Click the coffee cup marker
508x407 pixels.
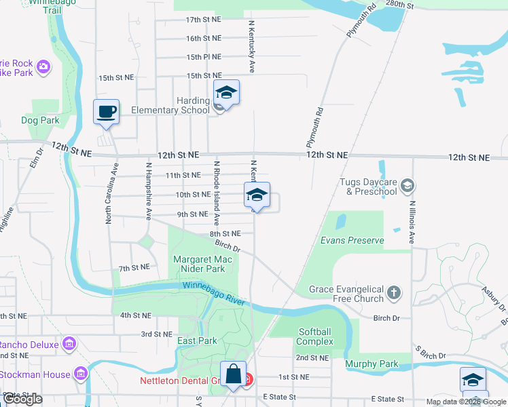(x=106, y=111)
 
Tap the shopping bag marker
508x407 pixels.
(x=233, y=374)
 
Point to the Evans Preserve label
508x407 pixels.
(x=352, y=240)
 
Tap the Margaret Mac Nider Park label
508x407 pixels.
(x=199, y=264)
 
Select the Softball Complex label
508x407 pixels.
(x=314, y=336)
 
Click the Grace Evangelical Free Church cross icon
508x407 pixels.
(x=394, y=294)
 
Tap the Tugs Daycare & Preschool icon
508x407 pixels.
(x=407, y=185)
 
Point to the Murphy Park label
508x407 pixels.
(x=371, y=364)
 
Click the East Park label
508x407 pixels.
(x=197, y=341)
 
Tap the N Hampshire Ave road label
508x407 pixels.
(x=148, y=191)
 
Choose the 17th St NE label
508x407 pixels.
(x=204, y=20)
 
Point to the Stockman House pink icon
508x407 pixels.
(x=81, y=374)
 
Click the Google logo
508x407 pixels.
(x=22, y=399)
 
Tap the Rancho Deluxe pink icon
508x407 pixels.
(x=68, y=344)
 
